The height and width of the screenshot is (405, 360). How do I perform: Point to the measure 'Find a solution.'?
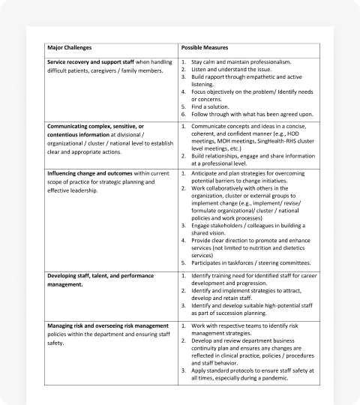pos(212,106)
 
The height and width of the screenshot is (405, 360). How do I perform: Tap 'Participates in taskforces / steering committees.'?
pos(251,264)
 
